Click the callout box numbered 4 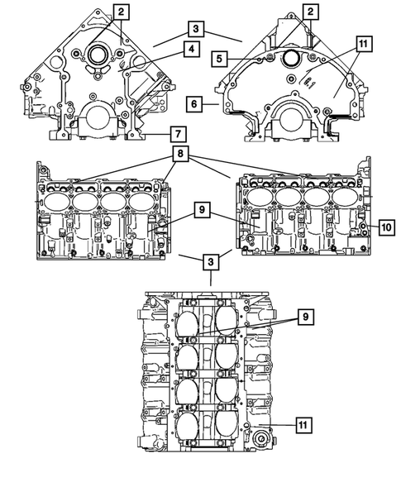pos(191,49)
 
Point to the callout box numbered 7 pos(175,132)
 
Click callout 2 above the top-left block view pos(122,12)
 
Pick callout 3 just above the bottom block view pos(212,262)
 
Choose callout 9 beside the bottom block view pos(305,316)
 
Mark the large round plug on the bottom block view pos(265,438)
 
